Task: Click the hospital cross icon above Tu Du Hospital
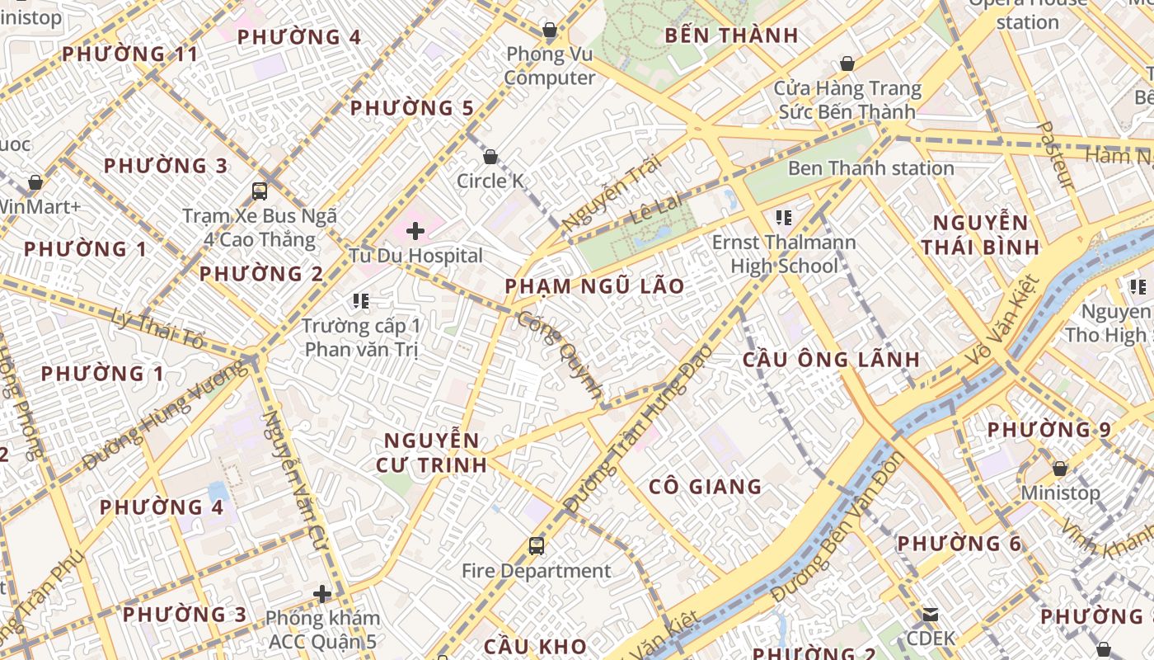click(x=415, y=231)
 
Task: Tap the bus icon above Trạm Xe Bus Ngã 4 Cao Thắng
click(x=260, y=191)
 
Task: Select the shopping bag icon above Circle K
click(x=490, y=157)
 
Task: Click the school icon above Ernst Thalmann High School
click(x=783, y=218)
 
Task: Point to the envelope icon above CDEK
click(x=931, y=615)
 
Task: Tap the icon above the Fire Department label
click(x=537, y=545)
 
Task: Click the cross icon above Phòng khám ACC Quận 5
click(x=322, y=593)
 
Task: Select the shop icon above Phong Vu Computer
click(x=550, y=31)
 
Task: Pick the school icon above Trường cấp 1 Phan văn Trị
click(x=360, y=301)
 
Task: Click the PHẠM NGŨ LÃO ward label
click(x=594, y=286)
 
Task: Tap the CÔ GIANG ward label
click(x=705, y=487)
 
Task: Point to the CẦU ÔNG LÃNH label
click(x=831, y=360)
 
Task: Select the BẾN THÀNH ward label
click(x=731, y=35)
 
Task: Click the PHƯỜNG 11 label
click(x=130, y=54)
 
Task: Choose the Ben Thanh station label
click(x=870, y=168)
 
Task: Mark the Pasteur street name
click(x=1054, y=155)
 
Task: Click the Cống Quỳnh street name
click(x=561, y=356)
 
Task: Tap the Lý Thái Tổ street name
click(x=157, y=328)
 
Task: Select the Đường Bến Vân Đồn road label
click(x=836, y=528)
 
